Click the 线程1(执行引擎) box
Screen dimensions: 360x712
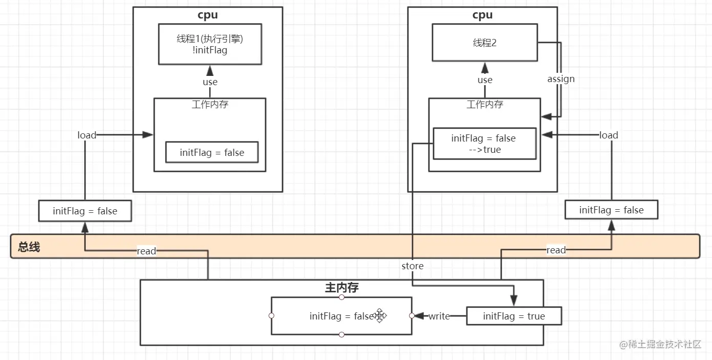coord(209,44)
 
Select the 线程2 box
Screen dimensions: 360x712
coord(484,44)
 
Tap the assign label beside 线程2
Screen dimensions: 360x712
coord(561,79)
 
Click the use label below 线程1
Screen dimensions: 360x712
coord(210,82)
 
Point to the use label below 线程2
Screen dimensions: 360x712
coord(485,80)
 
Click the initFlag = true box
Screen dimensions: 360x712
coord(514,316)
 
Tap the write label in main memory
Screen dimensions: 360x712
coord(439,316)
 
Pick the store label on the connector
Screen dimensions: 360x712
coord(413,266)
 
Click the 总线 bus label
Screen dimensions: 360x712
coord(29,247)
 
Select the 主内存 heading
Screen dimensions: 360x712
coord(342,288)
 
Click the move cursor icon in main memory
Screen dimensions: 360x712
coord(379,316)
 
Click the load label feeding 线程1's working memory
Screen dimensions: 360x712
coord(87,135)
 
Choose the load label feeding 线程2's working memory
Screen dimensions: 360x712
coord(608,135)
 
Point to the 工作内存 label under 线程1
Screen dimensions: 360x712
coord(210,105)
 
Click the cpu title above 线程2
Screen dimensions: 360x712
coord(482,15)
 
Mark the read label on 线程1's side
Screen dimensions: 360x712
coord(147,251)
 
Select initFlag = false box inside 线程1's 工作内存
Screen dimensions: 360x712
coord(212,153)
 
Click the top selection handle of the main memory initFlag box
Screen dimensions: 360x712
coord(341,297)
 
